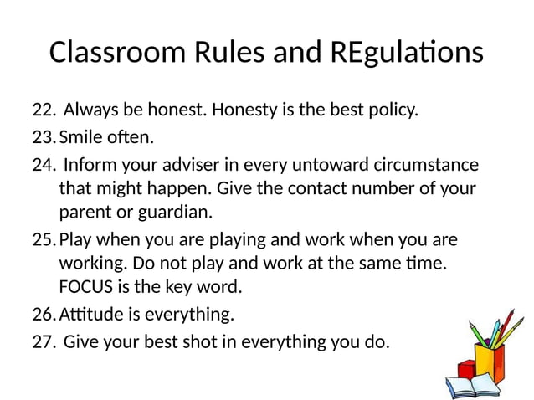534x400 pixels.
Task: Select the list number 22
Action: pyautogui.click(x=43, y=110)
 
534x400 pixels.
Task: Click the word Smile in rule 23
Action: pyautogui.click(x=80, y=136)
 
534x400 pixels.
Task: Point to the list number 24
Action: pyautogui.click(x=43, y=163)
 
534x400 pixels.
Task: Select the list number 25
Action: pyautogui.click(x=43, y=240)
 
